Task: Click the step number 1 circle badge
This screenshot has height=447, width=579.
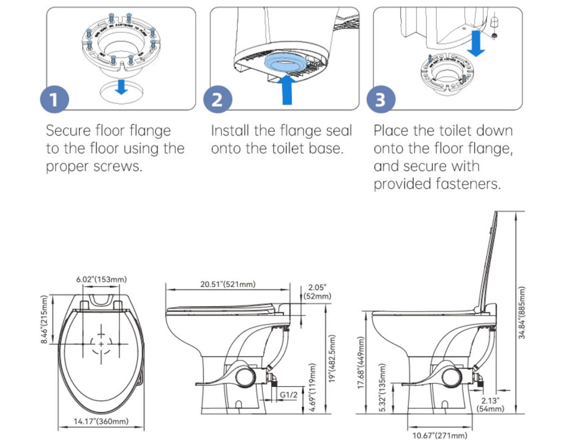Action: [x=54, y=99]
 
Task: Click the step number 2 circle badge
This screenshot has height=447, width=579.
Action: [x=218, y=99]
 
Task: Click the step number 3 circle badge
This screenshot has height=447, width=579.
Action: [x=380, y=99]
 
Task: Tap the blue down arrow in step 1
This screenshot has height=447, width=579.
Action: [x=121, y=87]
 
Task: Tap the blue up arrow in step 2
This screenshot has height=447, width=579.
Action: [x=287, y=90]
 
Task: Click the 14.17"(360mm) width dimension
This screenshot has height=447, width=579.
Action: [x=101, y=422]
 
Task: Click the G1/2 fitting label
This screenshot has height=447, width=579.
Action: [x=288, y=394]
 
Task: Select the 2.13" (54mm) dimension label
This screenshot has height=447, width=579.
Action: [x=491, y=404]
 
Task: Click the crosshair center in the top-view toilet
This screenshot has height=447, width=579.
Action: [x=102, y=344]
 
